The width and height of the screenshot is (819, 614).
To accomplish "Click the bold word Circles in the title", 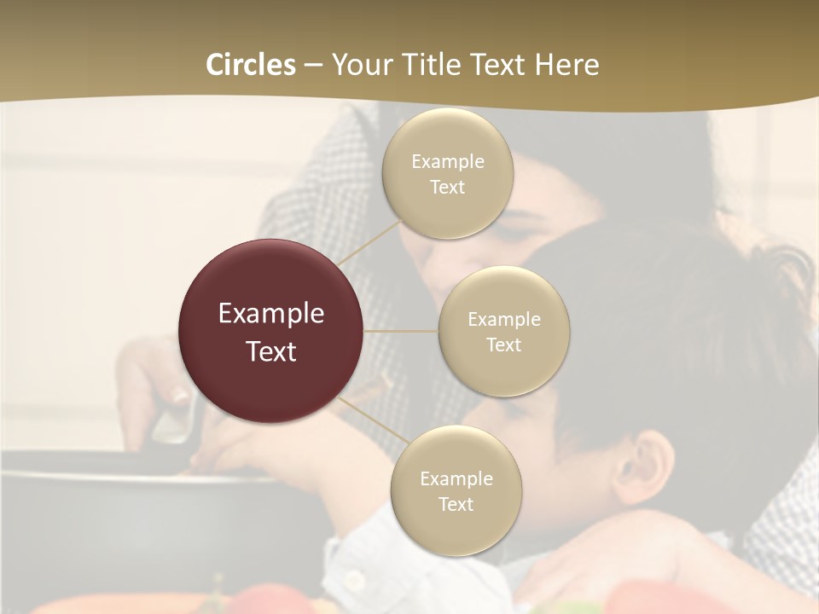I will pos(250,65).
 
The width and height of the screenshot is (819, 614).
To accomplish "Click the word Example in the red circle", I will pos(271,314).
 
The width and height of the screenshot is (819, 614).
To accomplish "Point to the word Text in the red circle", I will pos(271,351).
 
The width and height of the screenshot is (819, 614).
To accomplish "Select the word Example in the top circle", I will pos(448,162).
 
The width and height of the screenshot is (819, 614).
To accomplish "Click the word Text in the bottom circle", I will pos(456,505).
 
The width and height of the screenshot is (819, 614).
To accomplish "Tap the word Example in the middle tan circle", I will pos(503,320).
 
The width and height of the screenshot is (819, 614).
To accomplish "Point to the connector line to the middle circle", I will pos(401,331).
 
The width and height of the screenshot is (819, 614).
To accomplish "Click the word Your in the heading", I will pos(357,65).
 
